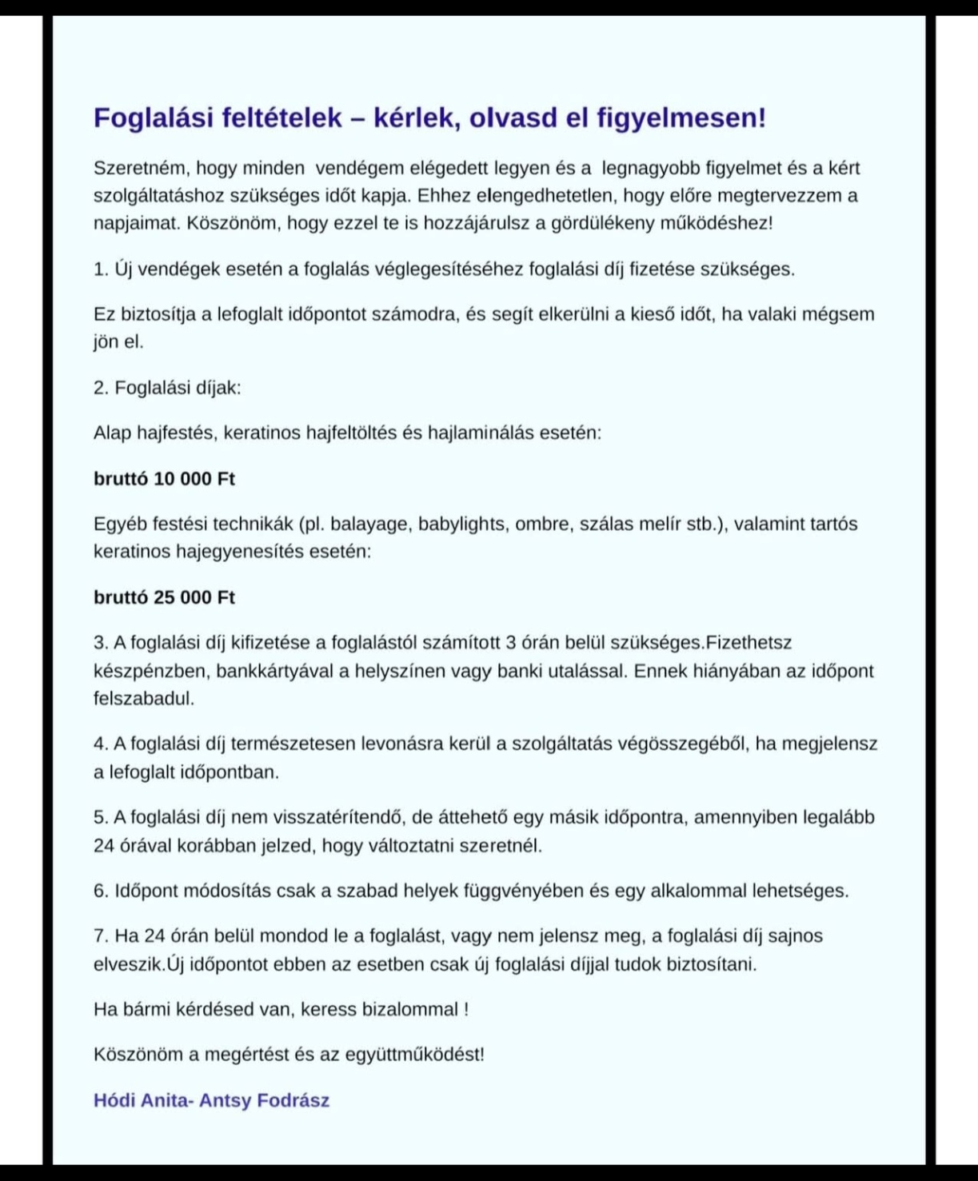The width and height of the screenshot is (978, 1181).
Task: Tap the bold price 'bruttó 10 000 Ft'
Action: (164, 479)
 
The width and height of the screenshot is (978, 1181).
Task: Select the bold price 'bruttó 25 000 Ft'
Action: (164, 597)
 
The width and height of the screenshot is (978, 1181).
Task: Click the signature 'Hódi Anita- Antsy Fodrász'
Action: (211, 1100)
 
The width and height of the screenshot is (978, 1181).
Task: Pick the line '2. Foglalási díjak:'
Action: (167, 388)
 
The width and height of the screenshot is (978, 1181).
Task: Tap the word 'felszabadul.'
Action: (144, 698)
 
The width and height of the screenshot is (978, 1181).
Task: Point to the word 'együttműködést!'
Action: (414, 1055)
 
